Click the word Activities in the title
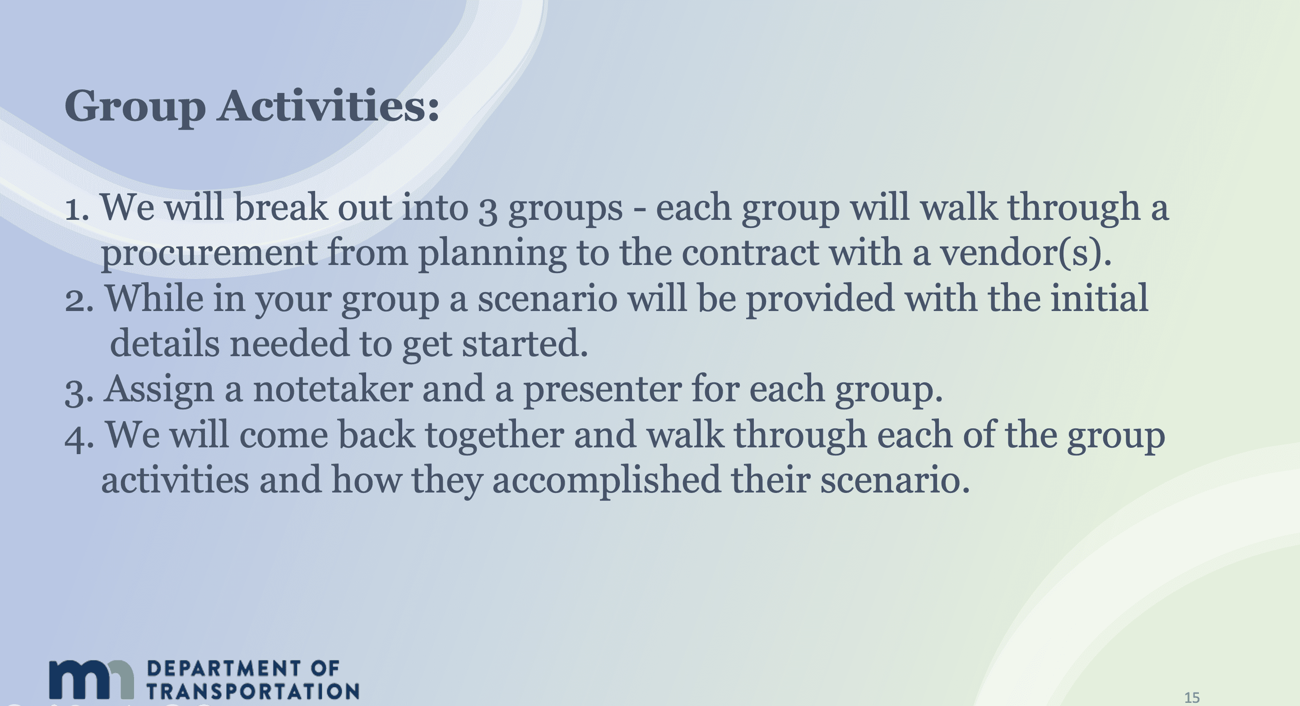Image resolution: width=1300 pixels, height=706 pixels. tap(328, 106)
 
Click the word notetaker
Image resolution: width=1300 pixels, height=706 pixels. tap(333, 390)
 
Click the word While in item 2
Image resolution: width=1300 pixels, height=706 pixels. tap(153, 298)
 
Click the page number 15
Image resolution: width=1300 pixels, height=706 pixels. tap(1192, 697)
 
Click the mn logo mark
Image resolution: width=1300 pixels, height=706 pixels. tap(91, 679)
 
